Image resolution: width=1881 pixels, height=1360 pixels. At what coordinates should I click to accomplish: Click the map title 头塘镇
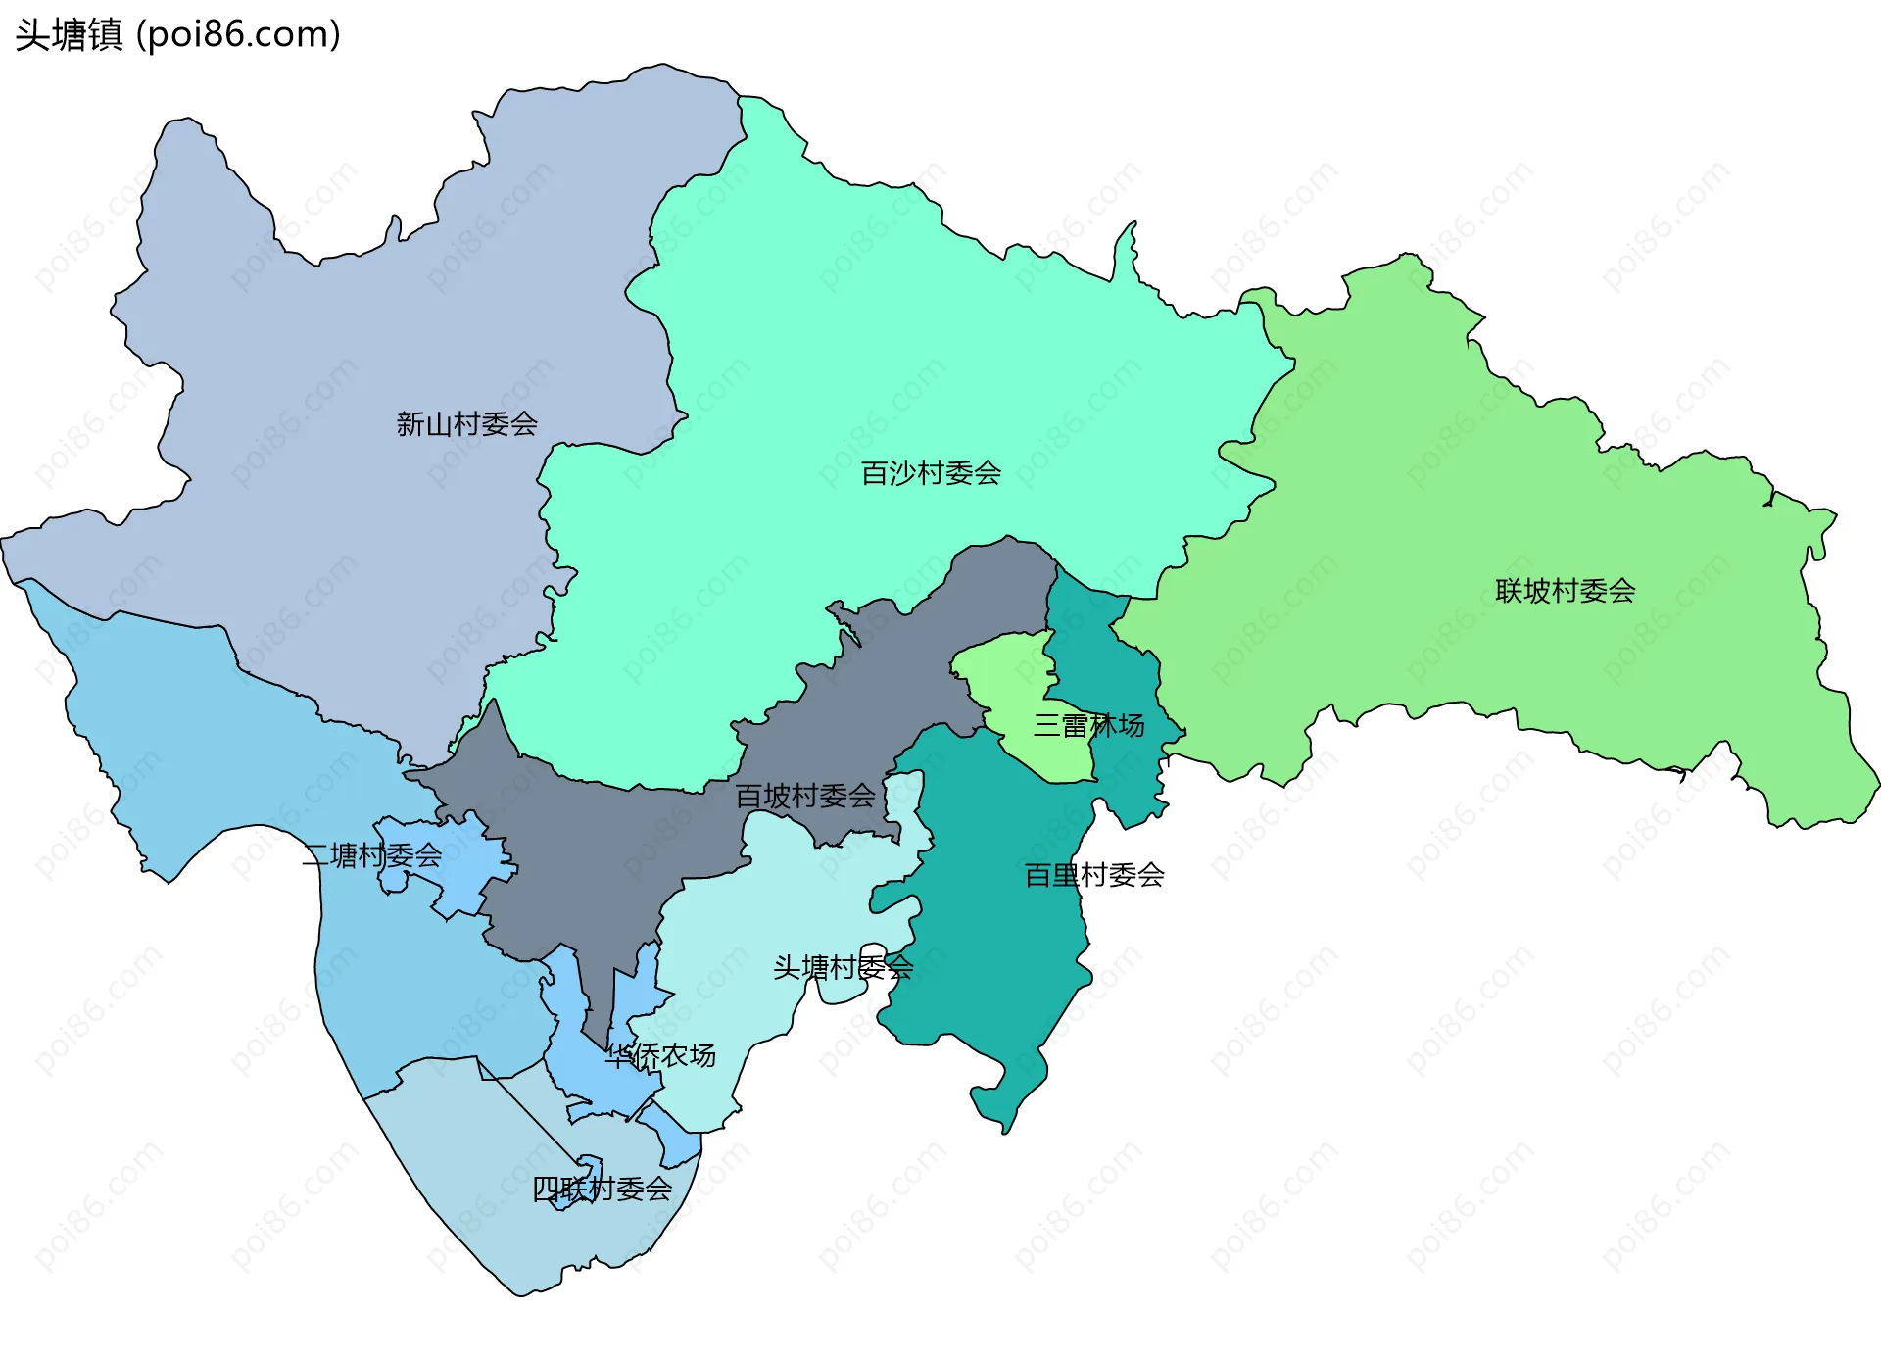[x=69, y=34]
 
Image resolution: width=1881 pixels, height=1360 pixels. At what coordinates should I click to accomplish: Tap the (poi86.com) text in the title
[x=238, y=34]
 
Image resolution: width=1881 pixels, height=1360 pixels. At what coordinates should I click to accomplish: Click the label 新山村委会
[x=466, y=424]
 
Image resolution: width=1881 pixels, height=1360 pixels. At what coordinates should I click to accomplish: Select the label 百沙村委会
[x=931, y=473]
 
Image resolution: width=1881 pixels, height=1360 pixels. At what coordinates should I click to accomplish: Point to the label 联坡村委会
[x=1565, y=591]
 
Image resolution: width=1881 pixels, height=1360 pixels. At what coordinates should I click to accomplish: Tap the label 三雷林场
[x=1088, y=726]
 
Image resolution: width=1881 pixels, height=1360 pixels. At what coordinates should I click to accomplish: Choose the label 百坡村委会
[x=804, y=796]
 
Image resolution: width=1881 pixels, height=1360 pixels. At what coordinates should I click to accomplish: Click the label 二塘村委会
[x=371, y=855]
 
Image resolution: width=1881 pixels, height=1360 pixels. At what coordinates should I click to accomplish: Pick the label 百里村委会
[x=1093, y=875]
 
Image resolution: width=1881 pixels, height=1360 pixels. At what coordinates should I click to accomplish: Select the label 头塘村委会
[x=843, y=968]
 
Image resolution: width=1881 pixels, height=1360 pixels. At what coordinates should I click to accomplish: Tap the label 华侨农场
[x=659, y=1055]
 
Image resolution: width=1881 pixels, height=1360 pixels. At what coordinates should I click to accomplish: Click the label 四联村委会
[x=602, y=1189]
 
